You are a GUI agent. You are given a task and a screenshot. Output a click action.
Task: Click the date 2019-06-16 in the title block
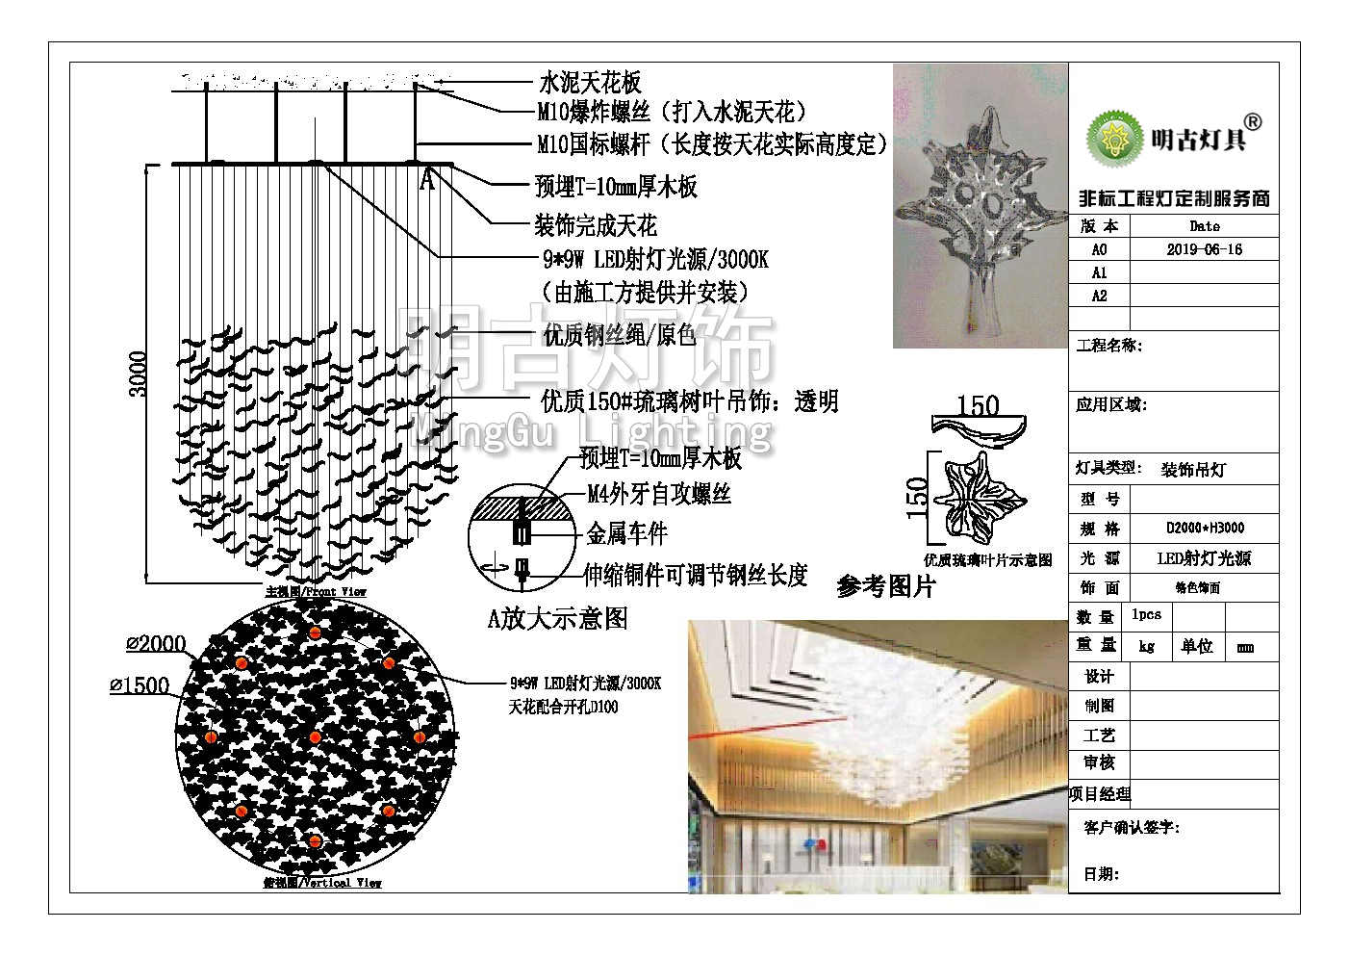(x=1204, y=249)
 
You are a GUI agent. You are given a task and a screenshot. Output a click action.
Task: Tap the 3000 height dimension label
(x=139, y=374)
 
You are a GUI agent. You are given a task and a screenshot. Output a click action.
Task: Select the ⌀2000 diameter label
(x=157, y=644)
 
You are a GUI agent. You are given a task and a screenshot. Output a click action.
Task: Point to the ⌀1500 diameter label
(x=140, y=685)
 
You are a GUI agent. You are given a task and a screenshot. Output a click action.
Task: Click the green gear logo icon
(x=1114, y=138)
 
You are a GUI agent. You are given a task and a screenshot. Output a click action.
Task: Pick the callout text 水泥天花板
(x=589, y=83)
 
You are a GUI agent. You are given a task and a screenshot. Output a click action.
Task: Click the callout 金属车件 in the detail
(x=626, y=533)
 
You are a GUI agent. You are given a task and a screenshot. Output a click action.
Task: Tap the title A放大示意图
(x=557, y=618)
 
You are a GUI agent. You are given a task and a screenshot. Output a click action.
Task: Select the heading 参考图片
(x=885, y=586)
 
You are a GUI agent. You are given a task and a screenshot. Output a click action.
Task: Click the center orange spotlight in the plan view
(x=315, y=737)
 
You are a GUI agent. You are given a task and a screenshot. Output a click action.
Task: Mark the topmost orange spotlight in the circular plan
(x=315, y=632)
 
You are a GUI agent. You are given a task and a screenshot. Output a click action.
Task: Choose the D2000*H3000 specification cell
(x=1205, y=529)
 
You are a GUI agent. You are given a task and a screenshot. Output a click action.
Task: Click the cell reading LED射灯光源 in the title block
(x=1204, y=558)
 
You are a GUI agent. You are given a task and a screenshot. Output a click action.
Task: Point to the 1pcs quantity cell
(x=1146, y=615)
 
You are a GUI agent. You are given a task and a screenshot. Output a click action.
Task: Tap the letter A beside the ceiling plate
(x=427, y=180)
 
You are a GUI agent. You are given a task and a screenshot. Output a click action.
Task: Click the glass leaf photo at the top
(x=980, y=205)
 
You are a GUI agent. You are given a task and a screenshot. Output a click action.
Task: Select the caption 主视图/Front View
(x=316, y=591)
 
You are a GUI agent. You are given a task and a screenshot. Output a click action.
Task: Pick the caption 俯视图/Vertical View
(x=322, y=882)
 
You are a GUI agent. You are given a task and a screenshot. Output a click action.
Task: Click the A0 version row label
(x=1099, y=249)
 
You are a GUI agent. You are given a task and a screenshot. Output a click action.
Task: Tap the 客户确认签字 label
(x=1131, y=827)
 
